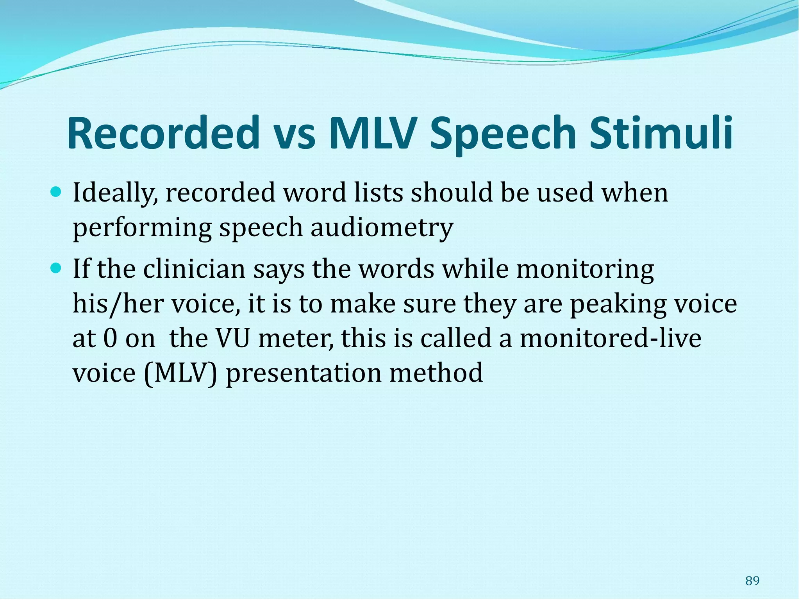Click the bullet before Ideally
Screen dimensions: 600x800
pyautogui.click(x=57, y=192)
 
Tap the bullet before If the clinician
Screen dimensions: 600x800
pyautogui.click(x=57, y=268)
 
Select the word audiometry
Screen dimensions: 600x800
pyautogui.click(x=382, y=228)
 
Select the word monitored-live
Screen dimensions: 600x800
pyautogui.click(x=611, y=338)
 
